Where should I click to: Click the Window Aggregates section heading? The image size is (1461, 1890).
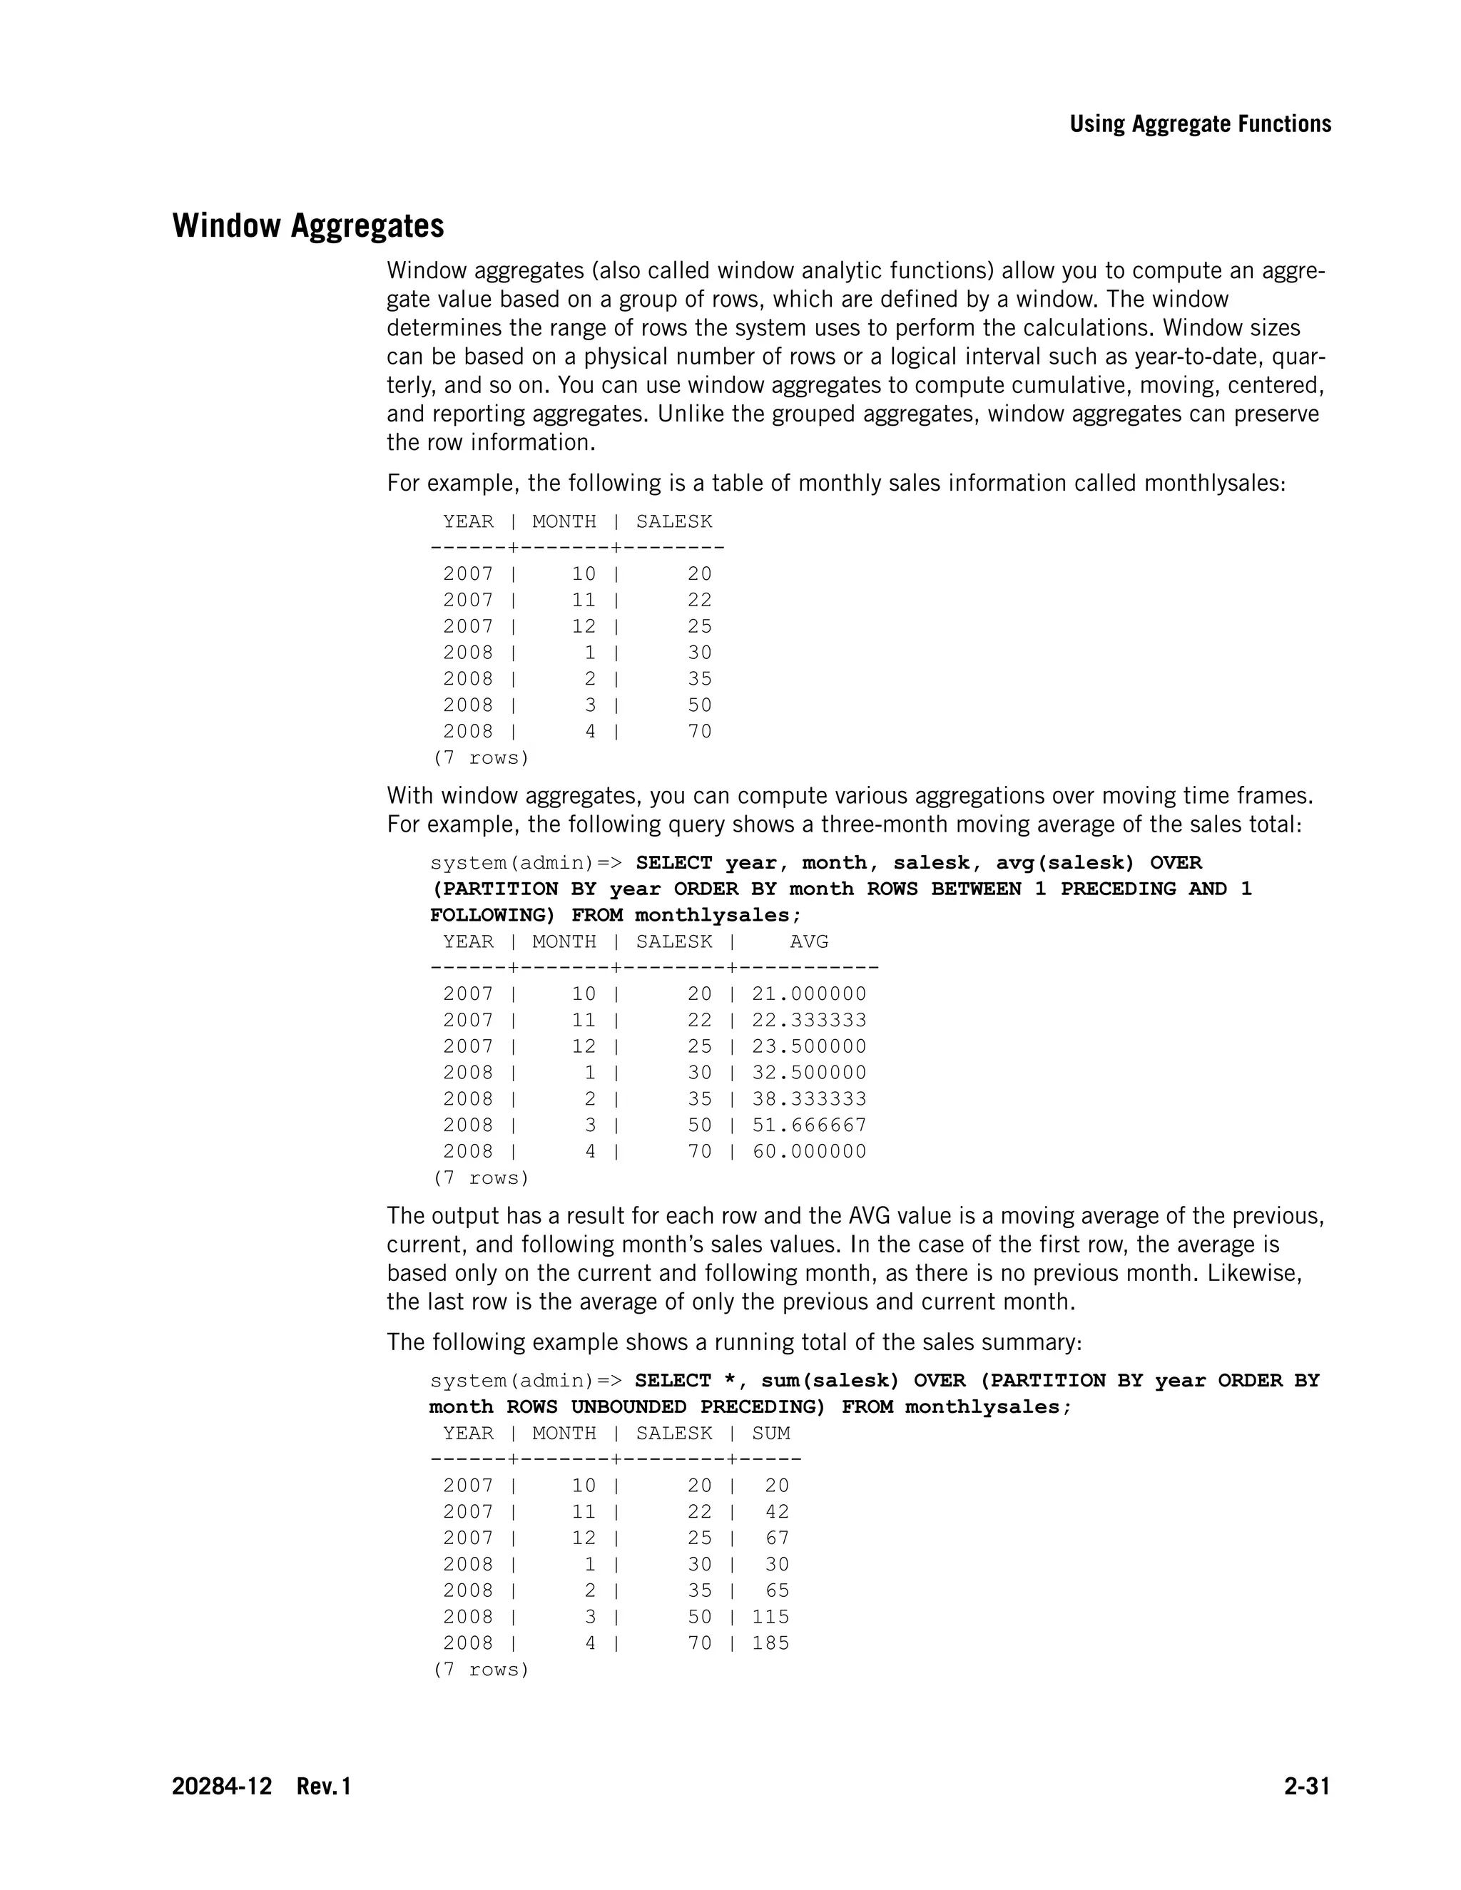[x=308, y=226]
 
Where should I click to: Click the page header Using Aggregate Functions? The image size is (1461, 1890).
[x=1200, y=124]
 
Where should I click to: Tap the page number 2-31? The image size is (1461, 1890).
[x=1306, y=1786]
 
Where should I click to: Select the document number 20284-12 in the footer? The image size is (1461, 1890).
[x=222, y=1786]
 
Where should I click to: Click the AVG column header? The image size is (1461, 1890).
[x=808, y=941]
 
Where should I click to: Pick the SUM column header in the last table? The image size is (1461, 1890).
[x=770, y=1433]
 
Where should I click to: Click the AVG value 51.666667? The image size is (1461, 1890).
[x=808, y=1125]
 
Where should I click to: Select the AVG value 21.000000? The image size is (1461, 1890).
[x=808, y=994]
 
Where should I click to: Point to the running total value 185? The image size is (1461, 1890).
[x=770, y=1643]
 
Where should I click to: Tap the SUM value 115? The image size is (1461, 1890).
[x=770, y=1617]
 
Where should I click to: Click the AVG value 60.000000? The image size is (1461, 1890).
[x=808, y=1152]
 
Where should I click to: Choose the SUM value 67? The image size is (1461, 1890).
[x=776, y=1538]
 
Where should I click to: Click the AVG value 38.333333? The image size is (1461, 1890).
[x=808, y=1099]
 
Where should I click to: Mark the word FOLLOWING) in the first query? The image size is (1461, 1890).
[x=492, y=916]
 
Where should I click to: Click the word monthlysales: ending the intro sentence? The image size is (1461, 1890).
[x=1214, y=483]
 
